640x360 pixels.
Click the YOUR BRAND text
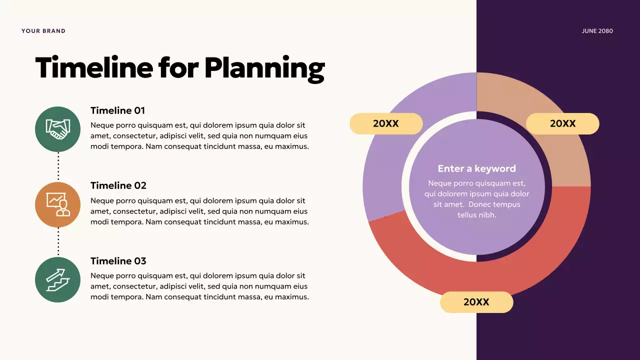point(43,31)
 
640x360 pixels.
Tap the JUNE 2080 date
point(597,31)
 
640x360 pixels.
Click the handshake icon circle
point(58,129)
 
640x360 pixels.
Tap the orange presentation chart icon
point(58,204)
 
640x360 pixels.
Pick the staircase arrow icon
point(58,280)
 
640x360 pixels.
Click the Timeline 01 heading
point(117,110)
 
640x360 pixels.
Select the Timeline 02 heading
point(118,185)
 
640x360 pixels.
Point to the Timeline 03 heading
point(118,261)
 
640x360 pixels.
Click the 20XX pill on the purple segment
point(386,123)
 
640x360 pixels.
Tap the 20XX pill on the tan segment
point(562,123)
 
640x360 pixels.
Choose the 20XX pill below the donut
point(476,302)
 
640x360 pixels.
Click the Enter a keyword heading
point(476,168)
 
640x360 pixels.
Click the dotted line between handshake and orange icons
point(58,166)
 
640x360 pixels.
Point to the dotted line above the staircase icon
point(58,242)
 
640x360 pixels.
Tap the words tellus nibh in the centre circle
point(476,215)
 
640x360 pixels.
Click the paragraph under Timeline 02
point(199,211)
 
